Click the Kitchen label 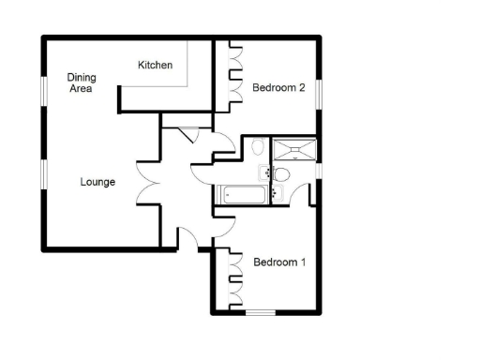point(156,65)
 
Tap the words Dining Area point(82,82)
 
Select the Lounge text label point(97,182)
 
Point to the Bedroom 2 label point(279,88)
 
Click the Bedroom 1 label point(279,262)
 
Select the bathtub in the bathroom point(243,195)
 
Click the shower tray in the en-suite point(294,149)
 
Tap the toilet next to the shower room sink point(280,174)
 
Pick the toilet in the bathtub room point(259,148)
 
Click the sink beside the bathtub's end point(263,171)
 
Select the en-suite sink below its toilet point(277,193)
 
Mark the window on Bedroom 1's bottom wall point(261,311)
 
